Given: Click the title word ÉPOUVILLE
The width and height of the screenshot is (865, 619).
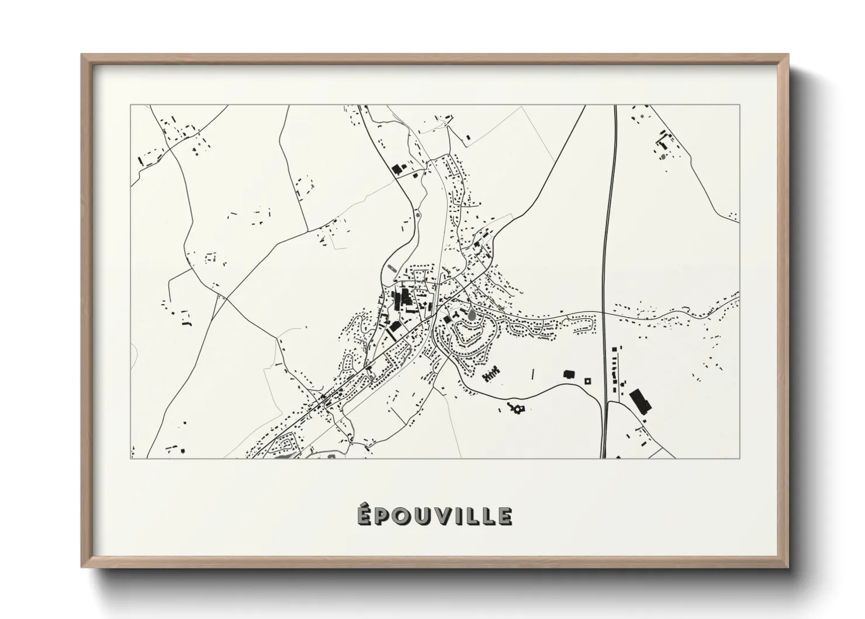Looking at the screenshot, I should [x=435, y=516].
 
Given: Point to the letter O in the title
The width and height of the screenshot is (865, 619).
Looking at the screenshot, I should [x=400, y=516].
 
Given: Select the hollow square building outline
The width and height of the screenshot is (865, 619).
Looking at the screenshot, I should [x=587, y=381].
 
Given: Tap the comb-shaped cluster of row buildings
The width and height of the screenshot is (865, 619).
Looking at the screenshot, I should [x=492, y=372].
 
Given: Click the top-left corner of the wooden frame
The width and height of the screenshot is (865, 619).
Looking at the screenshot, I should [x=82, y=55].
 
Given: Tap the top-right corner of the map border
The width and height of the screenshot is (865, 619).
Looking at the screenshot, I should [x=739, y=105].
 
